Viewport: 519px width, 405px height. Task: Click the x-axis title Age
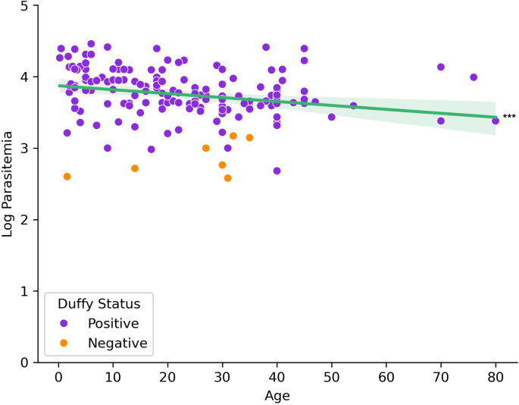pyautogui.click(x=277, y=395)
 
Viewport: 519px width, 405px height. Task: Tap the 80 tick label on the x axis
pyautogui.click(x=496, y=378)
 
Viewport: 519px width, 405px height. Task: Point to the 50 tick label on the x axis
pyautogui.click(x=332, y=378)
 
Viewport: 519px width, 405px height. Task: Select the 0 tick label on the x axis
pyautogui.click(x=59, y=378)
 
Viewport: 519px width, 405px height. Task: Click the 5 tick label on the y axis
pyautogui.click(x=25, y=6)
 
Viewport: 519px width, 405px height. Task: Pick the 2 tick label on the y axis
pyautogui.click(x=25, y=220)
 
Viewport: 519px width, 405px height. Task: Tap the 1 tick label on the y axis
pyautogui.click(x=25, y=291)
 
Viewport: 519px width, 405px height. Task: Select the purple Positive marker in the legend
pyautogui.click(x=64, y=323)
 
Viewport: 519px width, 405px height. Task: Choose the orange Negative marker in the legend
pyautogui.click(x=64, y=343)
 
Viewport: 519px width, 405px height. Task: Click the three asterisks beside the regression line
pyautogui.click(x=509, y=117)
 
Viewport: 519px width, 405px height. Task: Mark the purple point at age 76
pyautogui.click(x=474, y=77)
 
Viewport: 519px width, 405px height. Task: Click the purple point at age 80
pyautogui.click(x=496, y=121)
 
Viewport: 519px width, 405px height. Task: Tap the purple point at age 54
pyautogui.click(x=353, y=106)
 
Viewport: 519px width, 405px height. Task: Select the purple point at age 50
pyautogui.click(x=332, y=117)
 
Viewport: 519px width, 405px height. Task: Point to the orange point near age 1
pyautogui.click(x=67, y=177)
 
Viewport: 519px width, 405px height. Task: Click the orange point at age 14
pyautogui.click(x=135, y=168)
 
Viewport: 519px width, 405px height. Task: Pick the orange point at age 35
pyautogui.click(x=249, y=138)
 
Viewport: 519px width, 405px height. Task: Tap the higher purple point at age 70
pyautogui.click(x=441, y=67)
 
